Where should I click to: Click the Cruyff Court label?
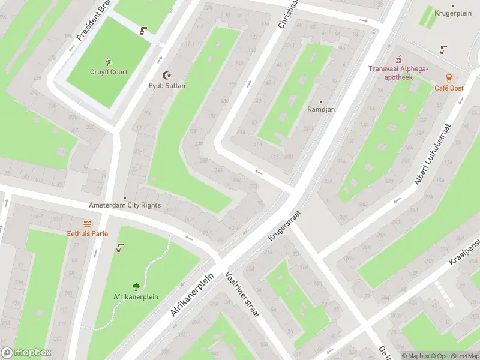[x=109, y=72]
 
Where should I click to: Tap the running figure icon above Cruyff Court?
[x=109, y=62]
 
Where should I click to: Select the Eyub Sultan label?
[x=167, y=86]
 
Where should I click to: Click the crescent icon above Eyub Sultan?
[x=167, y=76]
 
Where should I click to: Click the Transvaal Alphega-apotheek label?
[x=398, y=73]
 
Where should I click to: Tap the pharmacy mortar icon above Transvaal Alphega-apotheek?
[x=397, y=59]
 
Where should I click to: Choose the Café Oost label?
[x=449, y=88]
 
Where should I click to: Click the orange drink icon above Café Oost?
[x=449, y=77]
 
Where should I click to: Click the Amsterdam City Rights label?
[x=125, y=205]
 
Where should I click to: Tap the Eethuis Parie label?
[x=87, y=233]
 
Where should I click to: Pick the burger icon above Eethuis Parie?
[x=87, y=223]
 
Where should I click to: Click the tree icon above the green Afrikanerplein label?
[x=136, y=287]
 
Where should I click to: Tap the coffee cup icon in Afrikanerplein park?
[x=120, y=247]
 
